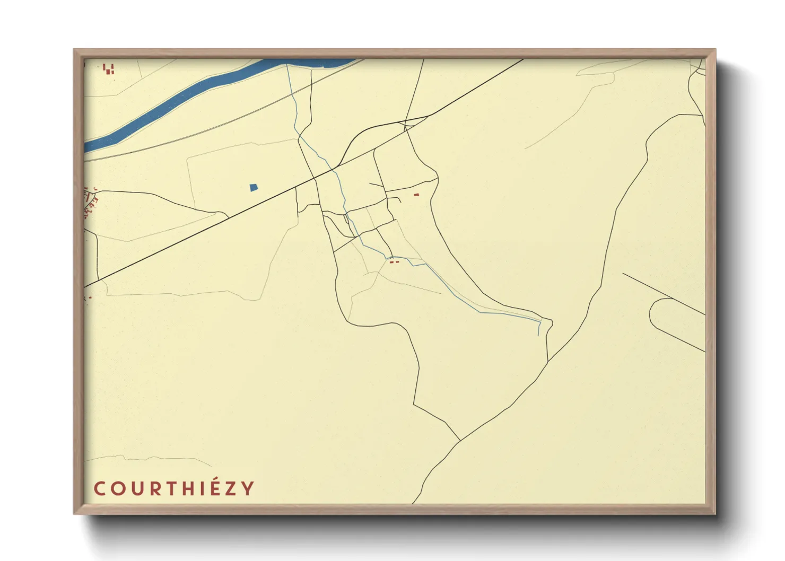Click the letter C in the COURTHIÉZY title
click(100, 489)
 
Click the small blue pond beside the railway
click(254, 187)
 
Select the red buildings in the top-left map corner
click(109, 69)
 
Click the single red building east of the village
click(416, 195)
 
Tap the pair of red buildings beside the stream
click(394, 261)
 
